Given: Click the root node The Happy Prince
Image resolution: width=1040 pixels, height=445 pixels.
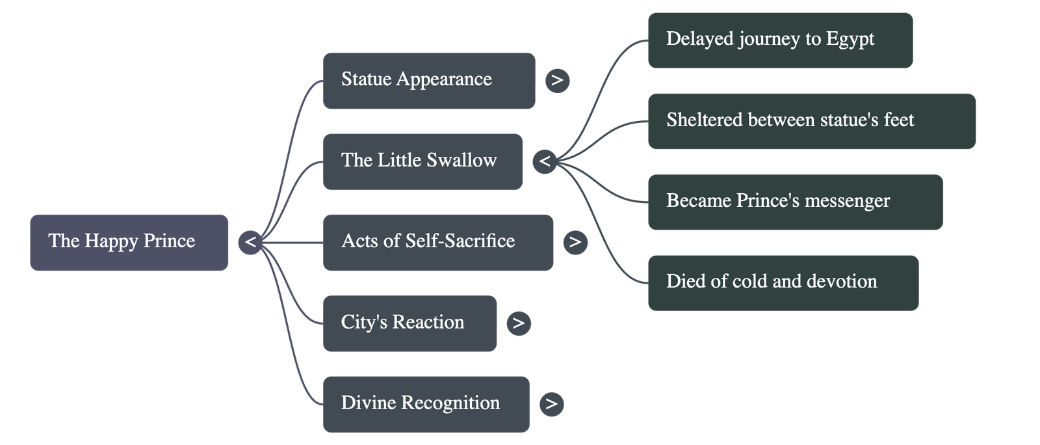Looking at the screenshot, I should pyautogui.click(x=129, y=242).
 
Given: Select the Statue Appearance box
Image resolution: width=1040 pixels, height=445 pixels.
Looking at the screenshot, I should pyautogui.click(x=429, y=81).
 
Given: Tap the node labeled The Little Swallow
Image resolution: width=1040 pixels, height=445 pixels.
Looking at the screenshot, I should pyautogui.click(x=422, y=161).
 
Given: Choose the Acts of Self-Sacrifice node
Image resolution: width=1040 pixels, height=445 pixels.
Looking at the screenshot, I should pyautogui.click(x=438, y=242).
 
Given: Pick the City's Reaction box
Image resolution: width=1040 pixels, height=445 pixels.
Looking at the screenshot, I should pyautogui.click(x=409, y=323).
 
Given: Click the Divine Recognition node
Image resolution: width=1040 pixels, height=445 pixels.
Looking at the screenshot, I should pyautogui.click(x=426, y=404).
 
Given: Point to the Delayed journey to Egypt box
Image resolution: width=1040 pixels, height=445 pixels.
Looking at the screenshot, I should pyautogui.click(x=780, y=40).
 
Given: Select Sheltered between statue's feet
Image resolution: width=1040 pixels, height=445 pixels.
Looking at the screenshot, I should pyautogui.click(x=811, y=121).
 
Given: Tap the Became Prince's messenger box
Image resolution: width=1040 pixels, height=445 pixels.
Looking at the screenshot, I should pyautogui.click(x=795, y=202).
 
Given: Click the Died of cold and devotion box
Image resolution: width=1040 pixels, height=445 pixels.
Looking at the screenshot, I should pyautogui.click(x=783, y=282).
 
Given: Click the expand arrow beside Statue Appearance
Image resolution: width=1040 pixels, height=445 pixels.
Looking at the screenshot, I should pyautogui.click(x=557, y=81).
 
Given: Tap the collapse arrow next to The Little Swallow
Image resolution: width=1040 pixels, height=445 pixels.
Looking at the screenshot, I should pyautogui.click(x=545, y=161).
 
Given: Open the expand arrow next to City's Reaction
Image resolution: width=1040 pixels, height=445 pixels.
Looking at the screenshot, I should pyautogui.click(x=518, y=323).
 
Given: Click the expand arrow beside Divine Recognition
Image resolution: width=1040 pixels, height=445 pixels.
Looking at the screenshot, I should pyautogui.click(x=552, y=404).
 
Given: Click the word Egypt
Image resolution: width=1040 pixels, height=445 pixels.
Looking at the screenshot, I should pyautogui.click(x=850, y=40).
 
